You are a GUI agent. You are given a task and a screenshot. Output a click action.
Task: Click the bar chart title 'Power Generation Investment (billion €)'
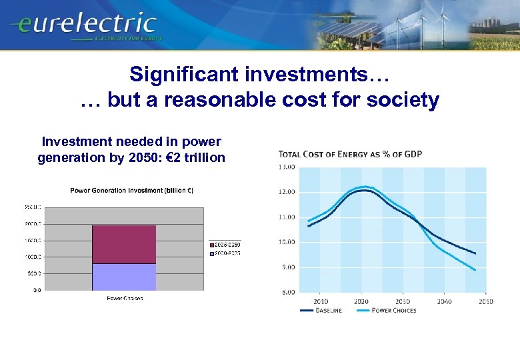point(132,191)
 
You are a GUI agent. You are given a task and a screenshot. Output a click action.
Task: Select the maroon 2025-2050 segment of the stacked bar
point(123,244)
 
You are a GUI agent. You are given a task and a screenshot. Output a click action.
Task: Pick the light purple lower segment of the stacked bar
point(123,277)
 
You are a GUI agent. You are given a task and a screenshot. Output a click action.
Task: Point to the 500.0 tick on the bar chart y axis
point(33,273)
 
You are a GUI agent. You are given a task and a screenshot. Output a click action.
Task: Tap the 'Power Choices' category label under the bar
point(125,298)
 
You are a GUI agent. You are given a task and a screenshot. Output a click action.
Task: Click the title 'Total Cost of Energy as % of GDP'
point(350,155)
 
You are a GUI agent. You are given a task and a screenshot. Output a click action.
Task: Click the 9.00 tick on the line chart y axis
point(287,267)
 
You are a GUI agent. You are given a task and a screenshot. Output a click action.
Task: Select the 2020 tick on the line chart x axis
point(361,301)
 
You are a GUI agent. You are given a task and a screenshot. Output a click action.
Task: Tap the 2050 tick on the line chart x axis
point(485,301)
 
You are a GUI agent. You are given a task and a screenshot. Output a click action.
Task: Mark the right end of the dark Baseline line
point(475,253)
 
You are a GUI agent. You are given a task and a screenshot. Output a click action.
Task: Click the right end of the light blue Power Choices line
point(475,270)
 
